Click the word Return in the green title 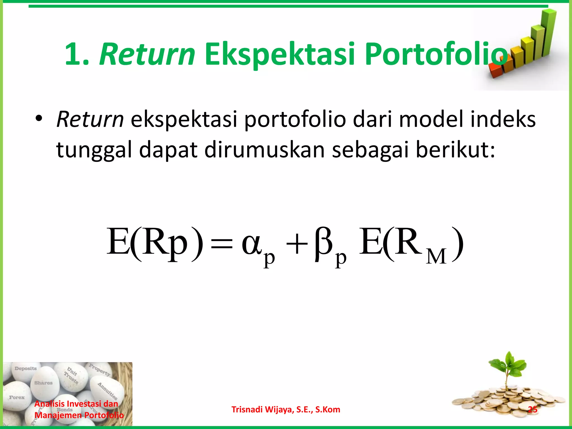pos(147,54)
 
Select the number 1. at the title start pos(77,54)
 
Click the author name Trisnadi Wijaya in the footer pos(285,409)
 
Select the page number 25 pos(532,409)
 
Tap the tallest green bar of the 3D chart pos(547,34)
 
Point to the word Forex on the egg pos(17,397)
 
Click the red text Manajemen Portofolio pos(79,415)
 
